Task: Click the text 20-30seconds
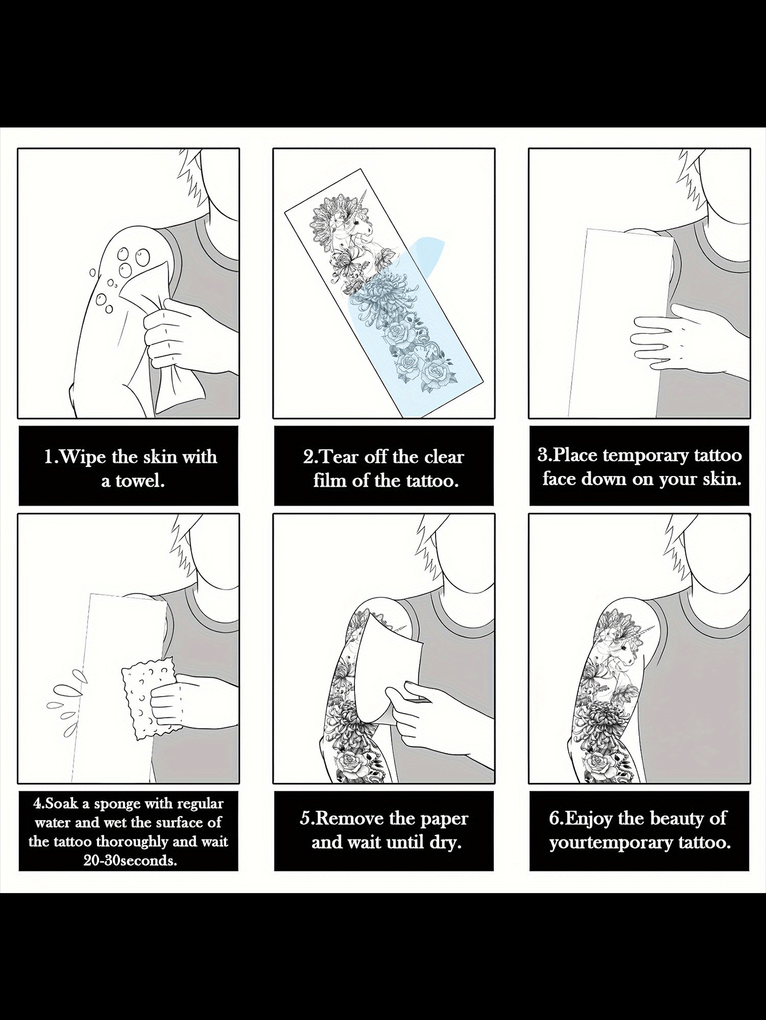[x=130, y=860]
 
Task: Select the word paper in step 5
[x=444, y=819]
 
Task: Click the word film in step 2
[x=330, y=481]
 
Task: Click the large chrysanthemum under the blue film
[x=381, y=297]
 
